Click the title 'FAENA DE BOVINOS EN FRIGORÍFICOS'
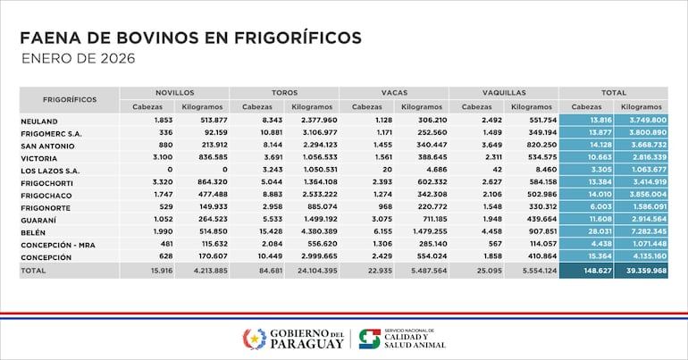pyautogui.click(x=190, y=38)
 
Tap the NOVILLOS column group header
pyautogui.click(x=174, y=92)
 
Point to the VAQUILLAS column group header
pyautogui.click(x=504, y=92)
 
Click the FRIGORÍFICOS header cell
pyautogui.click(x=69, y=99)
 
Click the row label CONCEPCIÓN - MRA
pyautogui.click(x=60, y=244)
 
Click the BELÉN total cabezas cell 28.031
pyautogui.click(x=586, y=230)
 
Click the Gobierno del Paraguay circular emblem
pyautogui.click(x=255, y=339)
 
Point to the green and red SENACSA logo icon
pyautogui.click(x=369, y=339)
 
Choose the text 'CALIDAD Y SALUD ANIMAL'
pyautogui.click(x=416, y=342)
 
